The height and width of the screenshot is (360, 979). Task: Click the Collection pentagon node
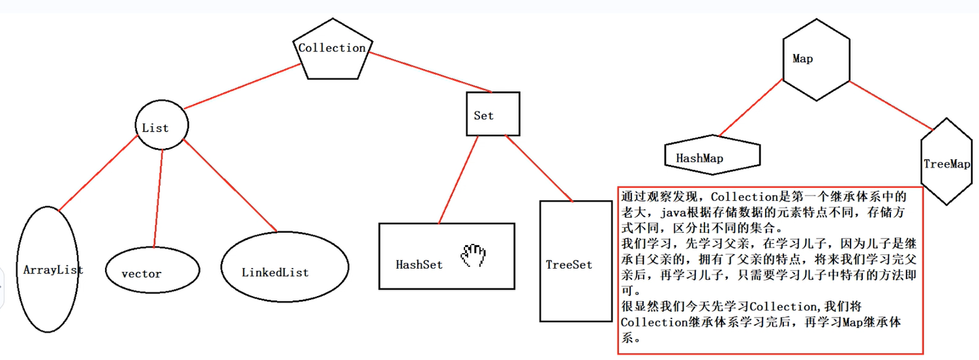[332, 52]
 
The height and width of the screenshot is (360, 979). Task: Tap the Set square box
[493, 114]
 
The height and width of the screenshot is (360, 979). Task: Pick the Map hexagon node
[815, 62]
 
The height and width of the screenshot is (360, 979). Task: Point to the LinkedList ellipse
[283, 271]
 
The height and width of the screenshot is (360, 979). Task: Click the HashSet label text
[419, 265]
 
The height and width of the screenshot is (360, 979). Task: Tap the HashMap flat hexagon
[712, 157]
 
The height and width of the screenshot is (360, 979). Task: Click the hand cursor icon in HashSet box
[474, 256]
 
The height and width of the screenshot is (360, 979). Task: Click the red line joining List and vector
[157, 196]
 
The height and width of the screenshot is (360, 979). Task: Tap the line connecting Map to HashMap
[750, 108]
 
